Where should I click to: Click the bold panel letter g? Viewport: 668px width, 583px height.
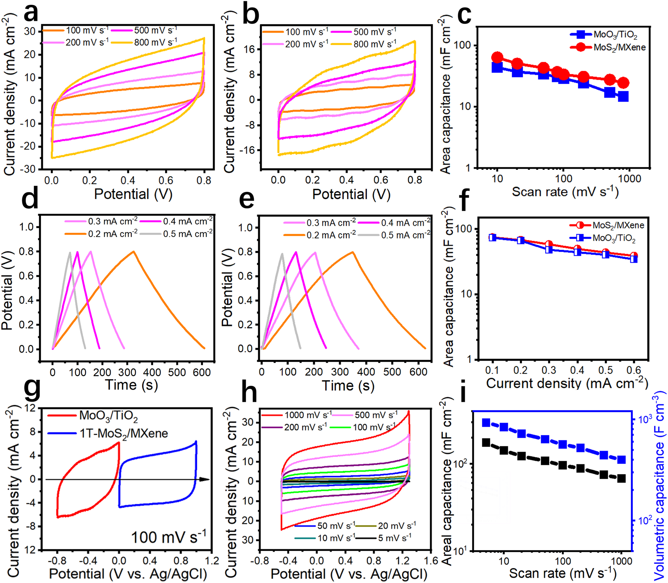[x=33, y=390]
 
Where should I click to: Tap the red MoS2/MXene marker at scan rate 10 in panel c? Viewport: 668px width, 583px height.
[x=497, y=57]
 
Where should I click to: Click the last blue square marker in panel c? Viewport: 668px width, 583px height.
[x=623, y=97]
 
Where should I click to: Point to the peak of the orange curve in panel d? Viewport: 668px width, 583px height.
[x=134, y=251]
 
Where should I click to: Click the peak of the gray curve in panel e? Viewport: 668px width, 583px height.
[x=282, y=253]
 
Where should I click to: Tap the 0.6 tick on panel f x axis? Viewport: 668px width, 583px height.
[x=634, y=370]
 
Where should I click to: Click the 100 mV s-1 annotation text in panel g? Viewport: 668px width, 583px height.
[x=169, y=538]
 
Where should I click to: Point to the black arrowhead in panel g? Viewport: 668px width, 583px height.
[x=204, y=479]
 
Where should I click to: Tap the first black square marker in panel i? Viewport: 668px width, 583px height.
[x=486, y=443]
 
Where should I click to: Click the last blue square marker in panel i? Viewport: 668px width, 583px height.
[x=621, y=460]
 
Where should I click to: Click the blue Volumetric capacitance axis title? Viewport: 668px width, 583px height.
[x=659, y=488]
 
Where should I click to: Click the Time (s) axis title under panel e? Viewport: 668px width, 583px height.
[x=348, y=386]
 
